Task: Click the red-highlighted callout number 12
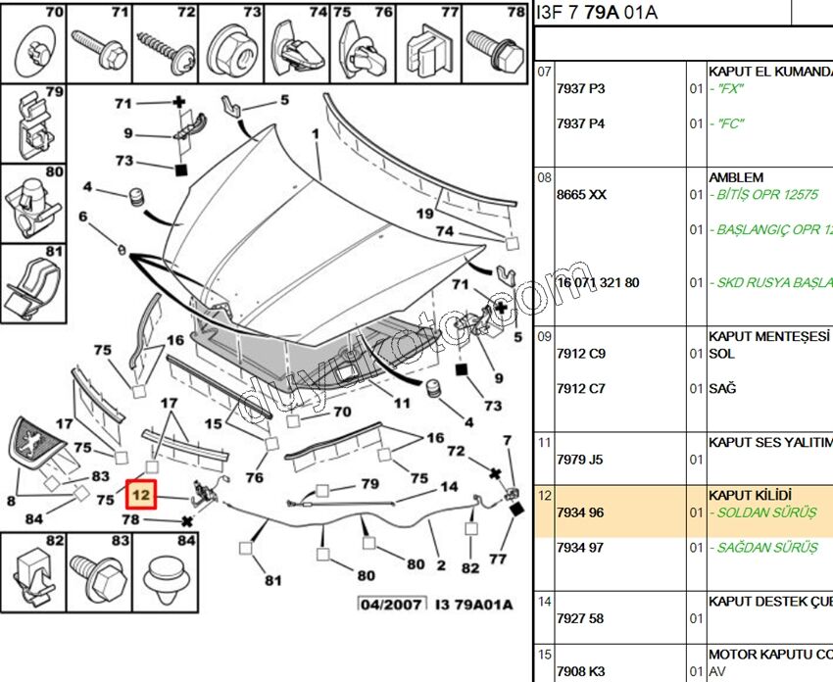(141, 496)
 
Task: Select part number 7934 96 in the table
(580, 512)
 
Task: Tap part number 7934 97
(580, 548)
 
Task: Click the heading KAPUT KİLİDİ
(750, 495)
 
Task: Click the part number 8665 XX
(581, 195)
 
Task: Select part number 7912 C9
(580, 353)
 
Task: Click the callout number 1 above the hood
(316, 133)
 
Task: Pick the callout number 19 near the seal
(424, 214)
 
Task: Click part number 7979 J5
(580, 459)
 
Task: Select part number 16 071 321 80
(597, 282)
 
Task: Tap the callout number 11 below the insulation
(402, 403)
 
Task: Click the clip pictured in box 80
(32, 202)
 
